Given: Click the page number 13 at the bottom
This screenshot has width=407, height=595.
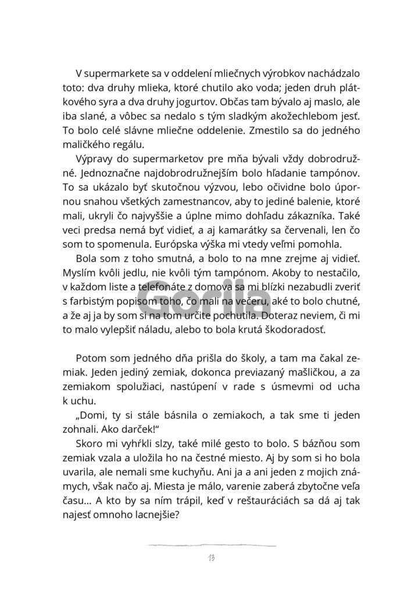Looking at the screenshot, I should point(210,558).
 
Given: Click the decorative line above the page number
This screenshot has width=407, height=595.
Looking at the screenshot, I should point(210,545).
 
